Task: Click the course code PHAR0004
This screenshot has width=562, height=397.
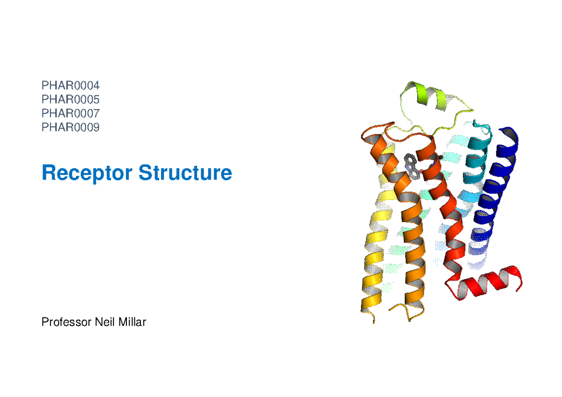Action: point(71,86)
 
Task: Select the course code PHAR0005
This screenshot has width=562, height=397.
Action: point(71,99)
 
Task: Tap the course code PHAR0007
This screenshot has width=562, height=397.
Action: point(71,113)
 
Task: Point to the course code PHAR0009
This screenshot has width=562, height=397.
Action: point(71,127)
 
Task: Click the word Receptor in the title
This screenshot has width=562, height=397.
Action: point(87,173)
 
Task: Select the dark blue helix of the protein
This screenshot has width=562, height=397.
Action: point(496,187)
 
